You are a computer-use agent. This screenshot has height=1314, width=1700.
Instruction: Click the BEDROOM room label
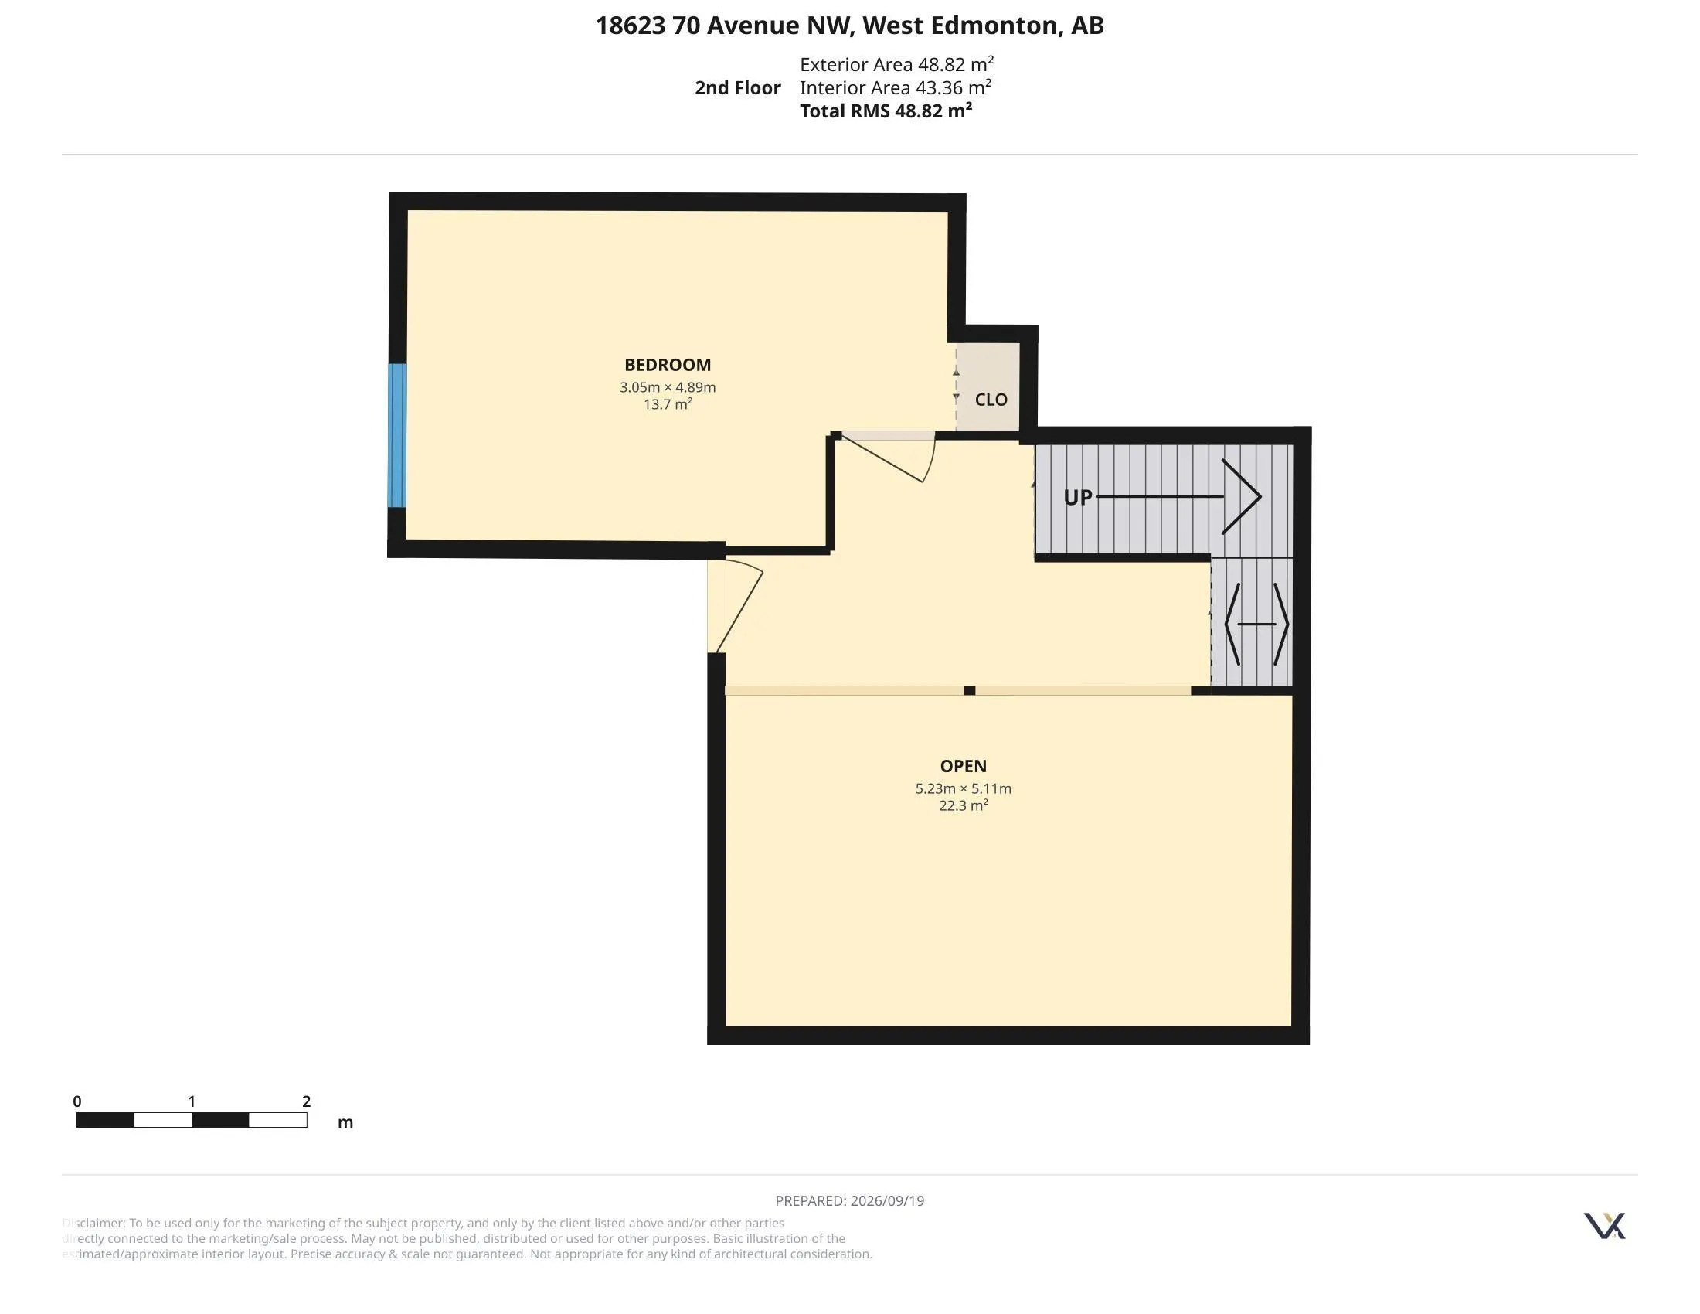click(x=667, y=364)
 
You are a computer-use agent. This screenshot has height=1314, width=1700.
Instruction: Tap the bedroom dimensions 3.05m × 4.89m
click(x=667, y=387)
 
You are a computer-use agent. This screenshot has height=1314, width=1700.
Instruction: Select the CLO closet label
click(x=991, y=400)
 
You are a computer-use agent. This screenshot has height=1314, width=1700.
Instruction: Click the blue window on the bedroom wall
click(x=397, y=435)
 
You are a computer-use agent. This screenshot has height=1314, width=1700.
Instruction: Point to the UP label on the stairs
click(x=1077, y=498)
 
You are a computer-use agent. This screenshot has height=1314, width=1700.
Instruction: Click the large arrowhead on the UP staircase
click(x=1242, y=497)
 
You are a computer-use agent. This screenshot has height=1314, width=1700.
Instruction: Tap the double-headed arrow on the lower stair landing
click(x=1256, y=625)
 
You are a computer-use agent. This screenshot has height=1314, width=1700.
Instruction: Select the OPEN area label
click(x=963, y=766)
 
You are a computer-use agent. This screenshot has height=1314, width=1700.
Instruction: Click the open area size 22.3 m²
click(x=963, y=805)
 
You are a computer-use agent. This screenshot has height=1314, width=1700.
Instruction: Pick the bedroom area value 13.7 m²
click(x=667, y=404)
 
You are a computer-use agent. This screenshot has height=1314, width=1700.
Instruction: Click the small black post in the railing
click(x=969, y=690)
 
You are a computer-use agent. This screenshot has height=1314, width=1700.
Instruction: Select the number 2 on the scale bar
click(x=307, y=1101)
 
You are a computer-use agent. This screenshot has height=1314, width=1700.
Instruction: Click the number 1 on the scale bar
click(x=192, y=1101)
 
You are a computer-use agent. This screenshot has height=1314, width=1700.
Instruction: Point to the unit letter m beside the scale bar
click(x=345, y=1122)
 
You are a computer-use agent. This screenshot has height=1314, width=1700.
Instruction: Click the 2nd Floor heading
click(x=737, y=88)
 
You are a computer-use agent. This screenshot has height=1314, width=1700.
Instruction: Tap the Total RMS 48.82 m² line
click(x=886, y=111)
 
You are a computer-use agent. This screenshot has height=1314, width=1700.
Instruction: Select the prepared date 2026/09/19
click(x=886, y=1200)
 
